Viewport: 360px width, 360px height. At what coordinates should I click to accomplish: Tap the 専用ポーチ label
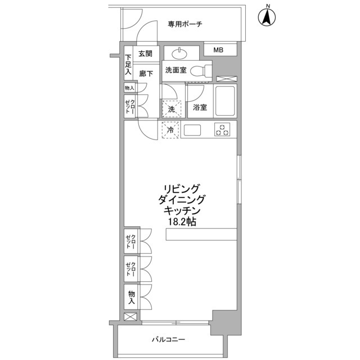point(184,24)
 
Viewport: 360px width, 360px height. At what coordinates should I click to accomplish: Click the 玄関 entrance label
point(145,54)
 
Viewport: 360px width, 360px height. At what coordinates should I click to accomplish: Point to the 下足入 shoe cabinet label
point(128,64)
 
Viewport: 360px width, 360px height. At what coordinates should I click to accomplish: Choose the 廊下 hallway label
point(146,73)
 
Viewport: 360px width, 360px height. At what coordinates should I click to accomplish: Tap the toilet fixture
point(200,71)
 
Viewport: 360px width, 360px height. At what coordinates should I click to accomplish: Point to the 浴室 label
point(200,107)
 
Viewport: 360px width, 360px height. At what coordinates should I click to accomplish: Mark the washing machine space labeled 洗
point(170,107)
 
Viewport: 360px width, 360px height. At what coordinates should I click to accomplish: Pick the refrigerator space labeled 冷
point(170,130)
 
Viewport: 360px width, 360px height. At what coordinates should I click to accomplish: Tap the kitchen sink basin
point(192,130)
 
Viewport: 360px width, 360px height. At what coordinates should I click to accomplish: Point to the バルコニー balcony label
point(168,340)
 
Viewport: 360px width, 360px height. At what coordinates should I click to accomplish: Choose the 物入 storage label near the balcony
point(131,298)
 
